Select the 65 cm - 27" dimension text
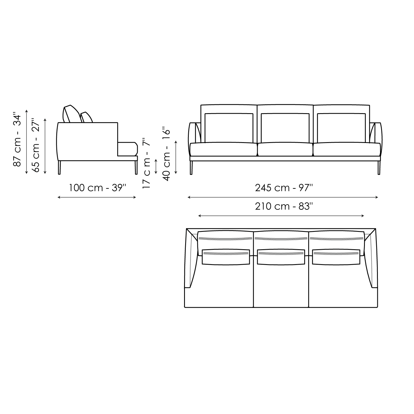(36, 145)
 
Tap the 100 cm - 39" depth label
(97, 188)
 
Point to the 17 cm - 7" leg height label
(147, 163)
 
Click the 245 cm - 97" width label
(284, 188)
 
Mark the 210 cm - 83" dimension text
(284, 206)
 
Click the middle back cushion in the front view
(285, 128)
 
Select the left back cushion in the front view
(229, 128)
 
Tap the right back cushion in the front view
(341, 128)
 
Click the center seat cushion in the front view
(285, 149)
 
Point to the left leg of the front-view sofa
(191, 168)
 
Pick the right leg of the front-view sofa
(379, 168)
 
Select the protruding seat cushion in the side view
(128, 149)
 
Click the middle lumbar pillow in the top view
(281, 257)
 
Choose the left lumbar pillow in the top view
(226, 257)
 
